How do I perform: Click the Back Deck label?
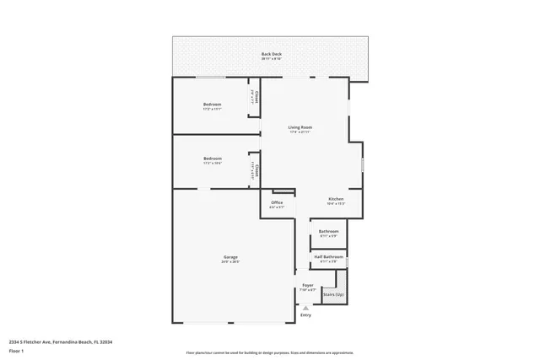click(x=271, y=54)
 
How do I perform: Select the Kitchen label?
click(x=336, y=199)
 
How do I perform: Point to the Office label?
click(x=277, y=202)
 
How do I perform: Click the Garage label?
click(x=230, y=257)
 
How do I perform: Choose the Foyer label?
click(x=308, y=285)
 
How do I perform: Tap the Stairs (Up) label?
click(x=333, y=294)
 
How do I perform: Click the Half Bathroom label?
click(x=329, y=256)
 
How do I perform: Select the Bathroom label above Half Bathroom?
click(x=329, y=231)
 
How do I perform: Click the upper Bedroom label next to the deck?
click(x=212, y=104)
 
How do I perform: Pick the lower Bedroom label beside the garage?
click(x=212, y=159)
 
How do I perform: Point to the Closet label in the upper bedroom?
click(x=255, y=94)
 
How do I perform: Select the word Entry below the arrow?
click(x=305, y=315)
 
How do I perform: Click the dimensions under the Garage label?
click(x=230, y=262)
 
